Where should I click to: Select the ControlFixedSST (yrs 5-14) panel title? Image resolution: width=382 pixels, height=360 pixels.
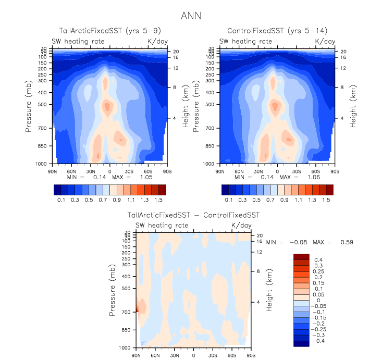pos(277,31)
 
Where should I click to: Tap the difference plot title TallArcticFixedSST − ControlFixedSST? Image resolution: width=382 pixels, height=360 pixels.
pos(193,215)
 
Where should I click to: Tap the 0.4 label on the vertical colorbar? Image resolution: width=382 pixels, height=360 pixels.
pos(317,259)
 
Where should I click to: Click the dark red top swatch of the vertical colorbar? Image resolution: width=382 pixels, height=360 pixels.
pos(301,256)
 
